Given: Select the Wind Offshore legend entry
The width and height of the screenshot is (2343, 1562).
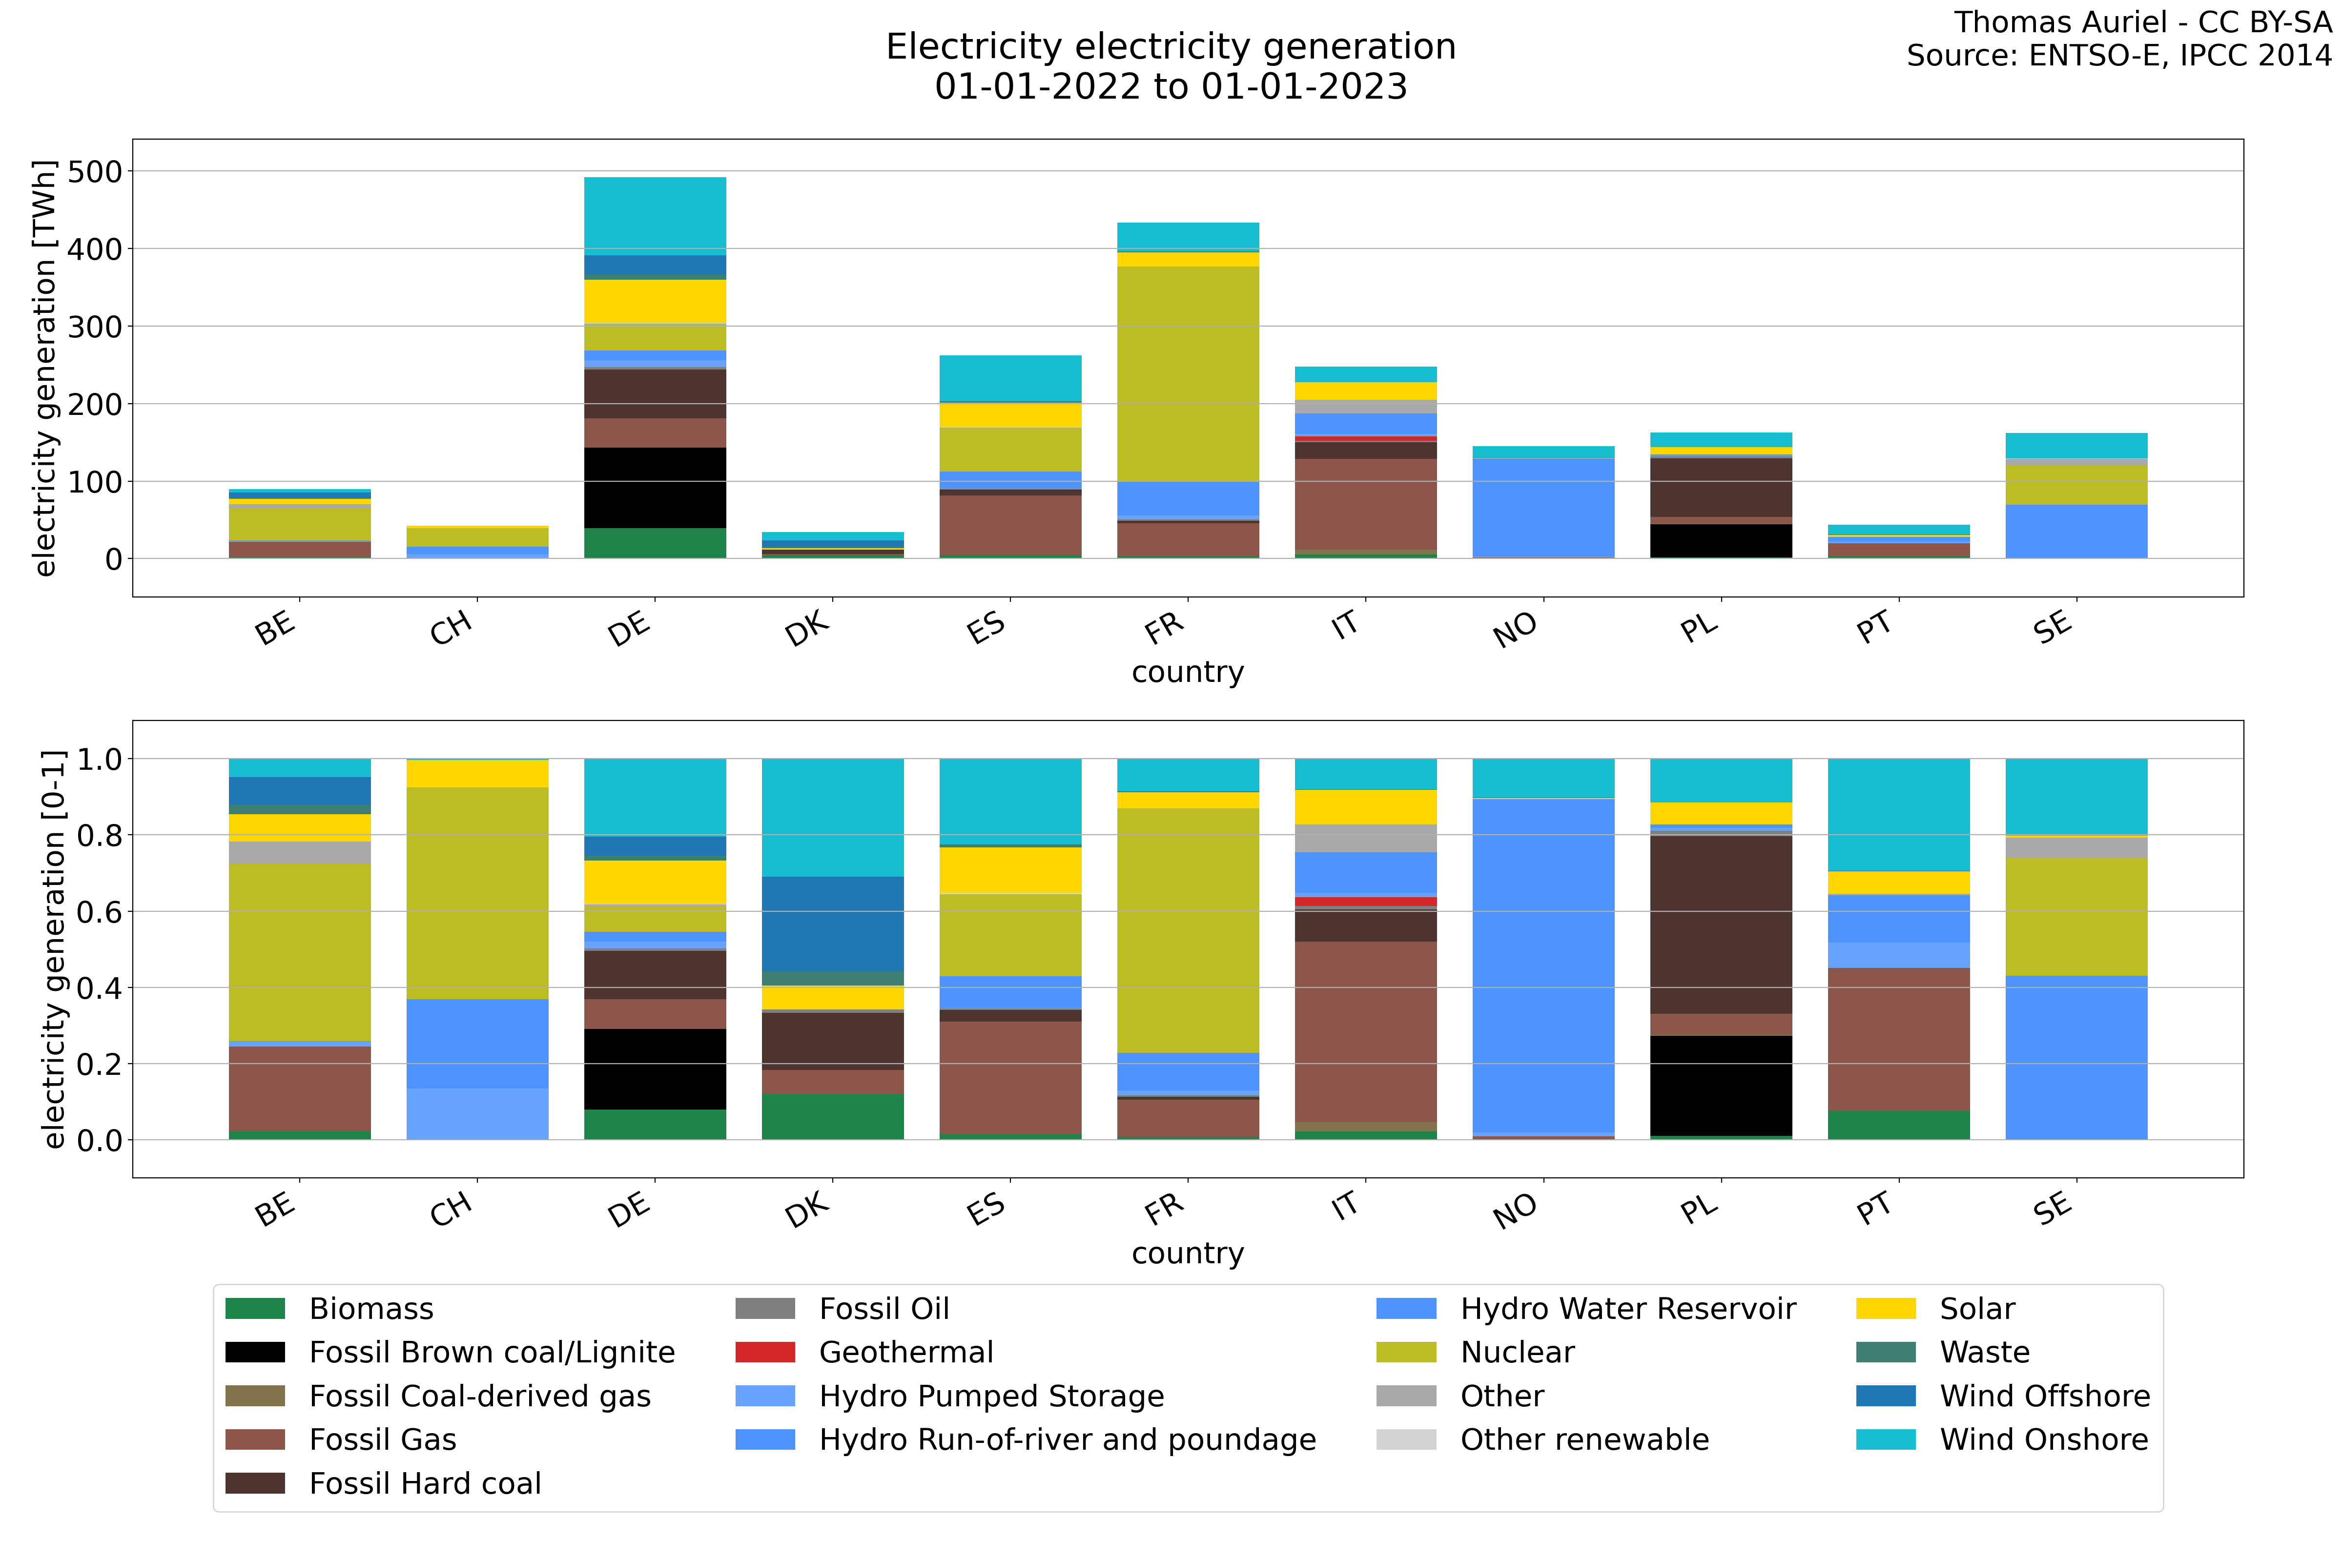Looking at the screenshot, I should point(2044,1396).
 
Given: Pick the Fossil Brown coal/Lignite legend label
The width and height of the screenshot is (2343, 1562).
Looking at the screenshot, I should point(492,1352).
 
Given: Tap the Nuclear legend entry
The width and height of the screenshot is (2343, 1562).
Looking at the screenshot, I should point(1517,1352).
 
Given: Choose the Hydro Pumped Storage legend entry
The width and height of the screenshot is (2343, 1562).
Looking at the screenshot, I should point(991,1396).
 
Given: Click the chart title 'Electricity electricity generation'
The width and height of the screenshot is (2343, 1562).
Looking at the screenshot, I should point(1171,47).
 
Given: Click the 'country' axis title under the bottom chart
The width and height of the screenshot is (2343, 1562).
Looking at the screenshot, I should point(1188,1253).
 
